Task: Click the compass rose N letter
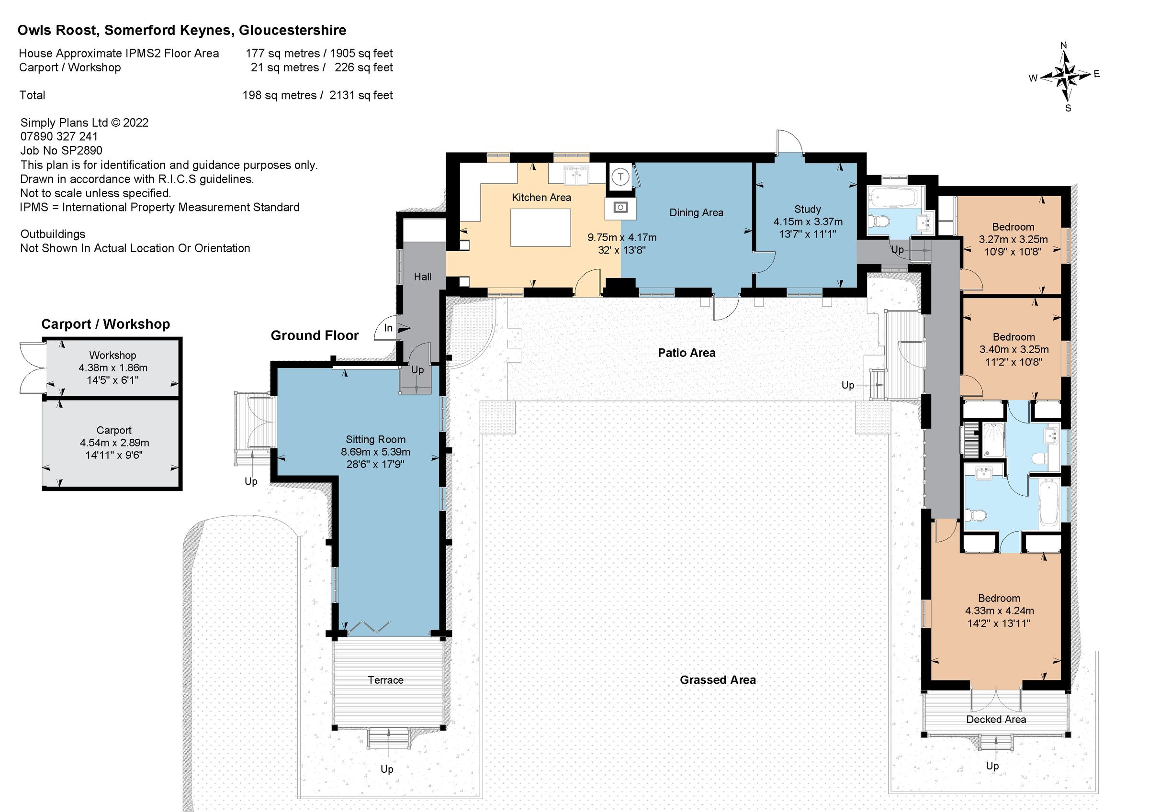tap(1063, 45)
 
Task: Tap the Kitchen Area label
tap(541, 198)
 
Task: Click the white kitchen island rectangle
tap(541, 228)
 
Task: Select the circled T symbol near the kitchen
tap(620, 177)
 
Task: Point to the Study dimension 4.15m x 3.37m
tap(808, 222)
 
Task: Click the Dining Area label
tap(696, 212)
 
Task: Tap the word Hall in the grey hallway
tap(422, 277)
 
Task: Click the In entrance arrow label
tap(388, 328)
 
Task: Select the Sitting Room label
tap(375, 439)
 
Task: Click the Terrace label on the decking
tap(385, 680)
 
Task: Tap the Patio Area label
tap(686, 353)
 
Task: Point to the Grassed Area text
tap(717, 680)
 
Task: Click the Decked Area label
tap(995, 720)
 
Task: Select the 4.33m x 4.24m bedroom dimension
tap(999, 611)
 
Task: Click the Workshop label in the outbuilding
tap(113, 355)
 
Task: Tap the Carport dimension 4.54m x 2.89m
tap(114, 443)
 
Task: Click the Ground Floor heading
tap(314, 336)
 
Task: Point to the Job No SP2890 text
tap(61, 151)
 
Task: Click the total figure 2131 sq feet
tap(361, 95)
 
